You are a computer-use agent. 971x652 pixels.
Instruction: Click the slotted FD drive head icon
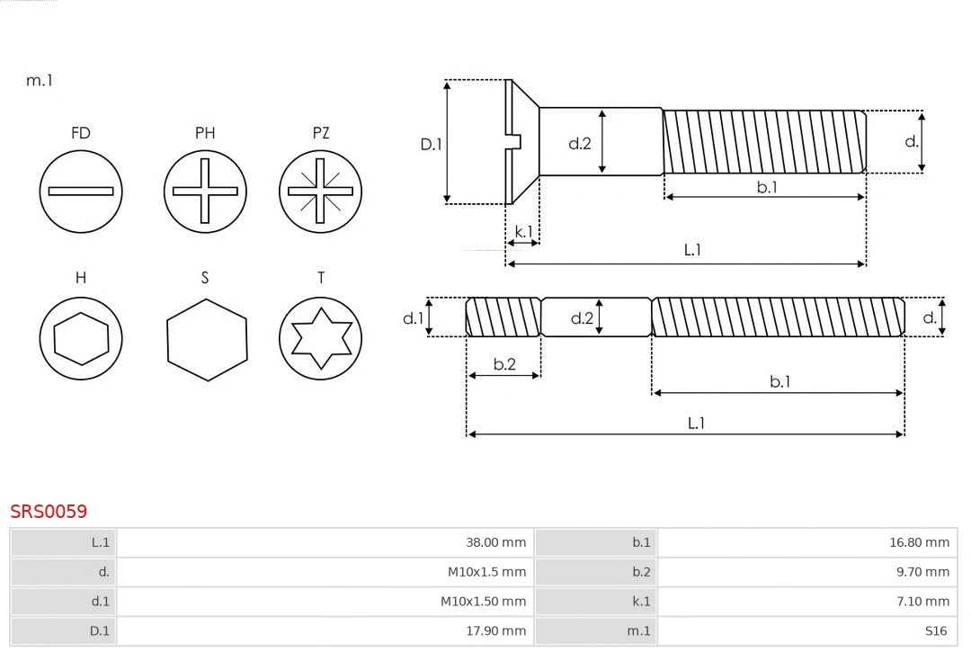click(81, 191)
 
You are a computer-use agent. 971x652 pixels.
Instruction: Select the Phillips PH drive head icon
click(205, 191)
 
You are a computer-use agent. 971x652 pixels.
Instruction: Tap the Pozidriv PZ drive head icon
click(320, 191)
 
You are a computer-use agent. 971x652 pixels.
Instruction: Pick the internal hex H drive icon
click(81, 339)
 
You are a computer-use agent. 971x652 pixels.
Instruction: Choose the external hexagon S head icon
click(206, 339)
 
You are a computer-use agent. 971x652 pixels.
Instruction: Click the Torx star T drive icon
click(320, 339)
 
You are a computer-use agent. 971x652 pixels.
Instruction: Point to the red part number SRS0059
click(49, 511)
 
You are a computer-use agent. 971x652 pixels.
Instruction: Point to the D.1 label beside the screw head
click(432, 144)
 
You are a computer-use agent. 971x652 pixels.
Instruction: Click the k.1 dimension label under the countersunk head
click(522, 232)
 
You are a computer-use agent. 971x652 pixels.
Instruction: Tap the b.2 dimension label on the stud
click(504, 364)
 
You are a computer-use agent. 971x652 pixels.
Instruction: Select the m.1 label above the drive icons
click(40, 80)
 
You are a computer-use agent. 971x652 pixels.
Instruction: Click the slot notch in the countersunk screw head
click(515, 140)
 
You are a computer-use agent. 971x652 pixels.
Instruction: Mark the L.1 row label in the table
click(100, 542)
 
